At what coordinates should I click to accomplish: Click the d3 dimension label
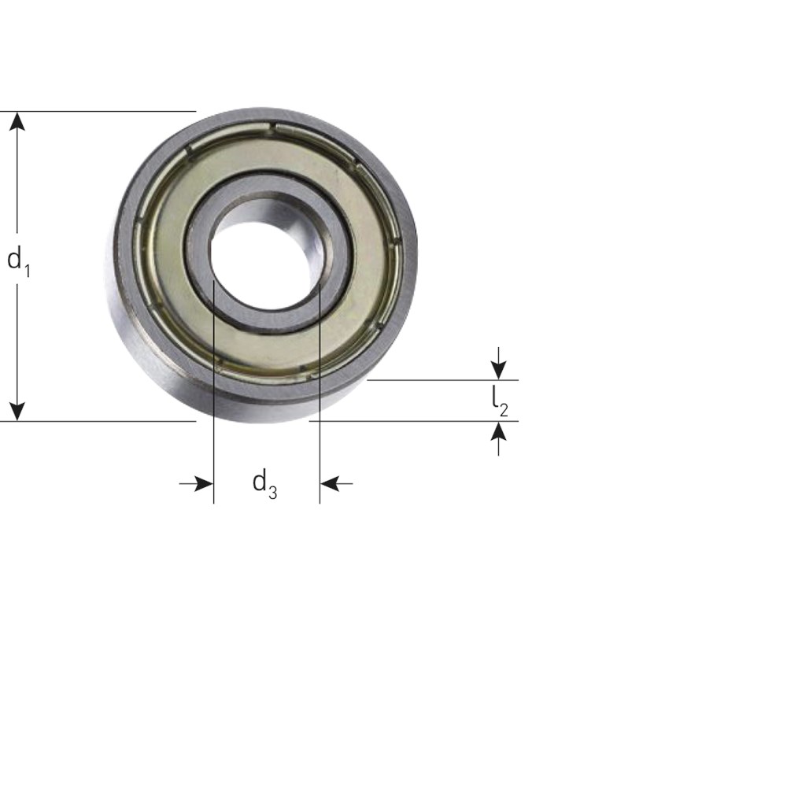click(264, 484)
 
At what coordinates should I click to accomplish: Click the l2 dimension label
click(500, 401)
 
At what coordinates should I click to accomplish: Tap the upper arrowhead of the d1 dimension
click(17, 121)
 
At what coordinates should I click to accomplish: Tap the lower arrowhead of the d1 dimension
click(17, 411)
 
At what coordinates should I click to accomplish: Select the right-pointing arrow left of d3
click(196, 484)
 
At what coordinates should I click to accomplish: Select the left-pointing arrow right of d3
click(336, 484)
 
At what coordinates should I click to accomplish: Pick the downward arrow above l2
click(498, 364)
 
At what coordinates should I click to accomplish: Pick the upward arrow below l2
click(498, 438)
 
